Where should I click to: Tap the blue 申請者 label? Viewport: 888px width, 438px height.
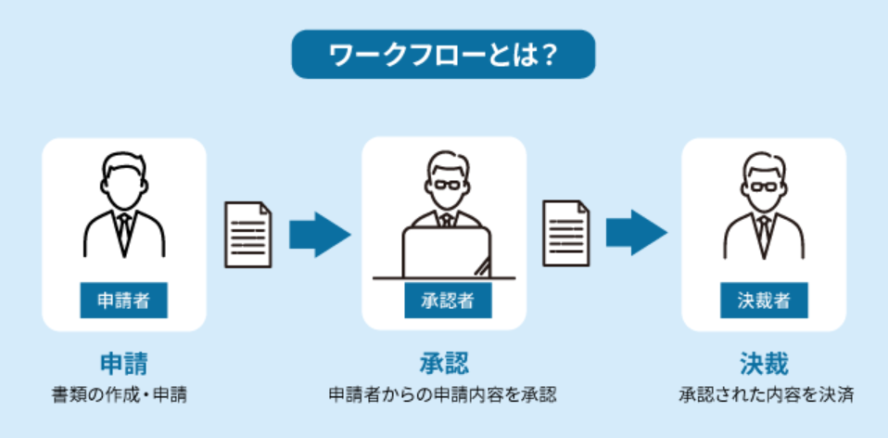coord(123,300)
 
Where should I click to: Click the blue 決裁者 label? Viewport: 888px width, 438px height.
coord(765,300)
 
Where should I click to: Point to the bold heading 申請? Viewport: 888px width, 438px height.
coord(123,360)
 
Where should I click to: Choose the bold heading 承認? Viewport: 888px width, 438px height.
coord(444,360)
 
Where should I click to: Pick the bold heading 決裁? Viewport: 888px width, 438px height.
coord(764,360)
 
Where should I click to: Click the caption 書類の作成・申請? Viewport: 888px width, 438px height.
coord(123,394)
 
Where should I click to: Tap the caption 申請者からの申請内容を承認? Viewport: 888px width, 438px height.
coord(443,394)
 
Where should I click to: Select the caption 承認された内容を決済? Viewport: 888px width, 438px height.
coord(764,394)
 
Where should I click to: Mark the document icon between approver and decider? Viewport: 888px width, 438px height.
coord(566,234)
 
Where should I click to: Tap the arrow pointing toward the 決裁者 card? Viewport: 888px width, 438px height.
coord(637,234)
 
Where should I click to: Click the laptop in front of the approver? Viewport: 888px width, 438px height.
coord(446,251)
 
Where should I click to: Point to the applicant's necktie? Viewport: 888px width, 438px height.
coord(124,231)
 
